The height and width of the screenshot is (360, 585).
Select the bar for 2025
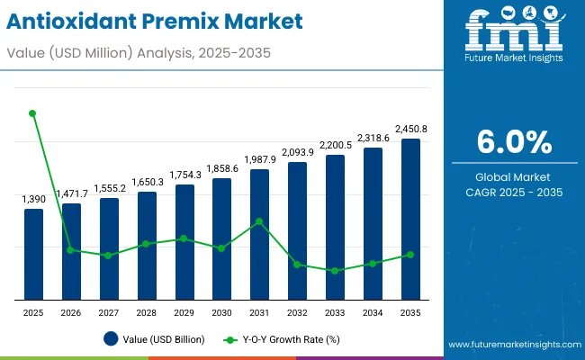click(x=33, y=254)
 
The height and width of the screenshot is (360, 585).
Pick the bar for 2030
click(x=221, y=238)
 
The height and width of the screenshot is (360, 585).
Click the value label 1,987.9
click(x=259, y=159)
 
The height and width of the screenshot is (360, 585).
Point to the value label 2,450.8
click(x=410, y=129)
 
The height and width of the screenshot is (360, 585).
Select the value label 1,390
click(x=33, y=199)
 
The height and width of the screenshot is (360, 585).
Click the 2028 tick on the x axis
click(x=147, y=312)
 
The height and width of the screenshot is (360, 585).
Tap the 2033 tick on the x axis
click(x=335, y=312)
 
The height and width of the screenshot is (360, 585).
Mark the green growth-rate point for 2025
click(x=33, y=113)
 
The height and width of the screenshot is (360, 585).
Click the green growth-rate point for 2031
click(x=259, y=221)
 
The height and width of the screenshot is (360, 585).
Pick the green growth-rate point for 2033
click(x=335, y=270)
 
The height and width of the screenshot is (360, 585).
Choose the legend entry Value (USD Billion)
click(x=154, y=339)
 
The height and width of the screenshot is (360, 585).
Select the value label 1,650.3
click(x=147, y=182)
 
